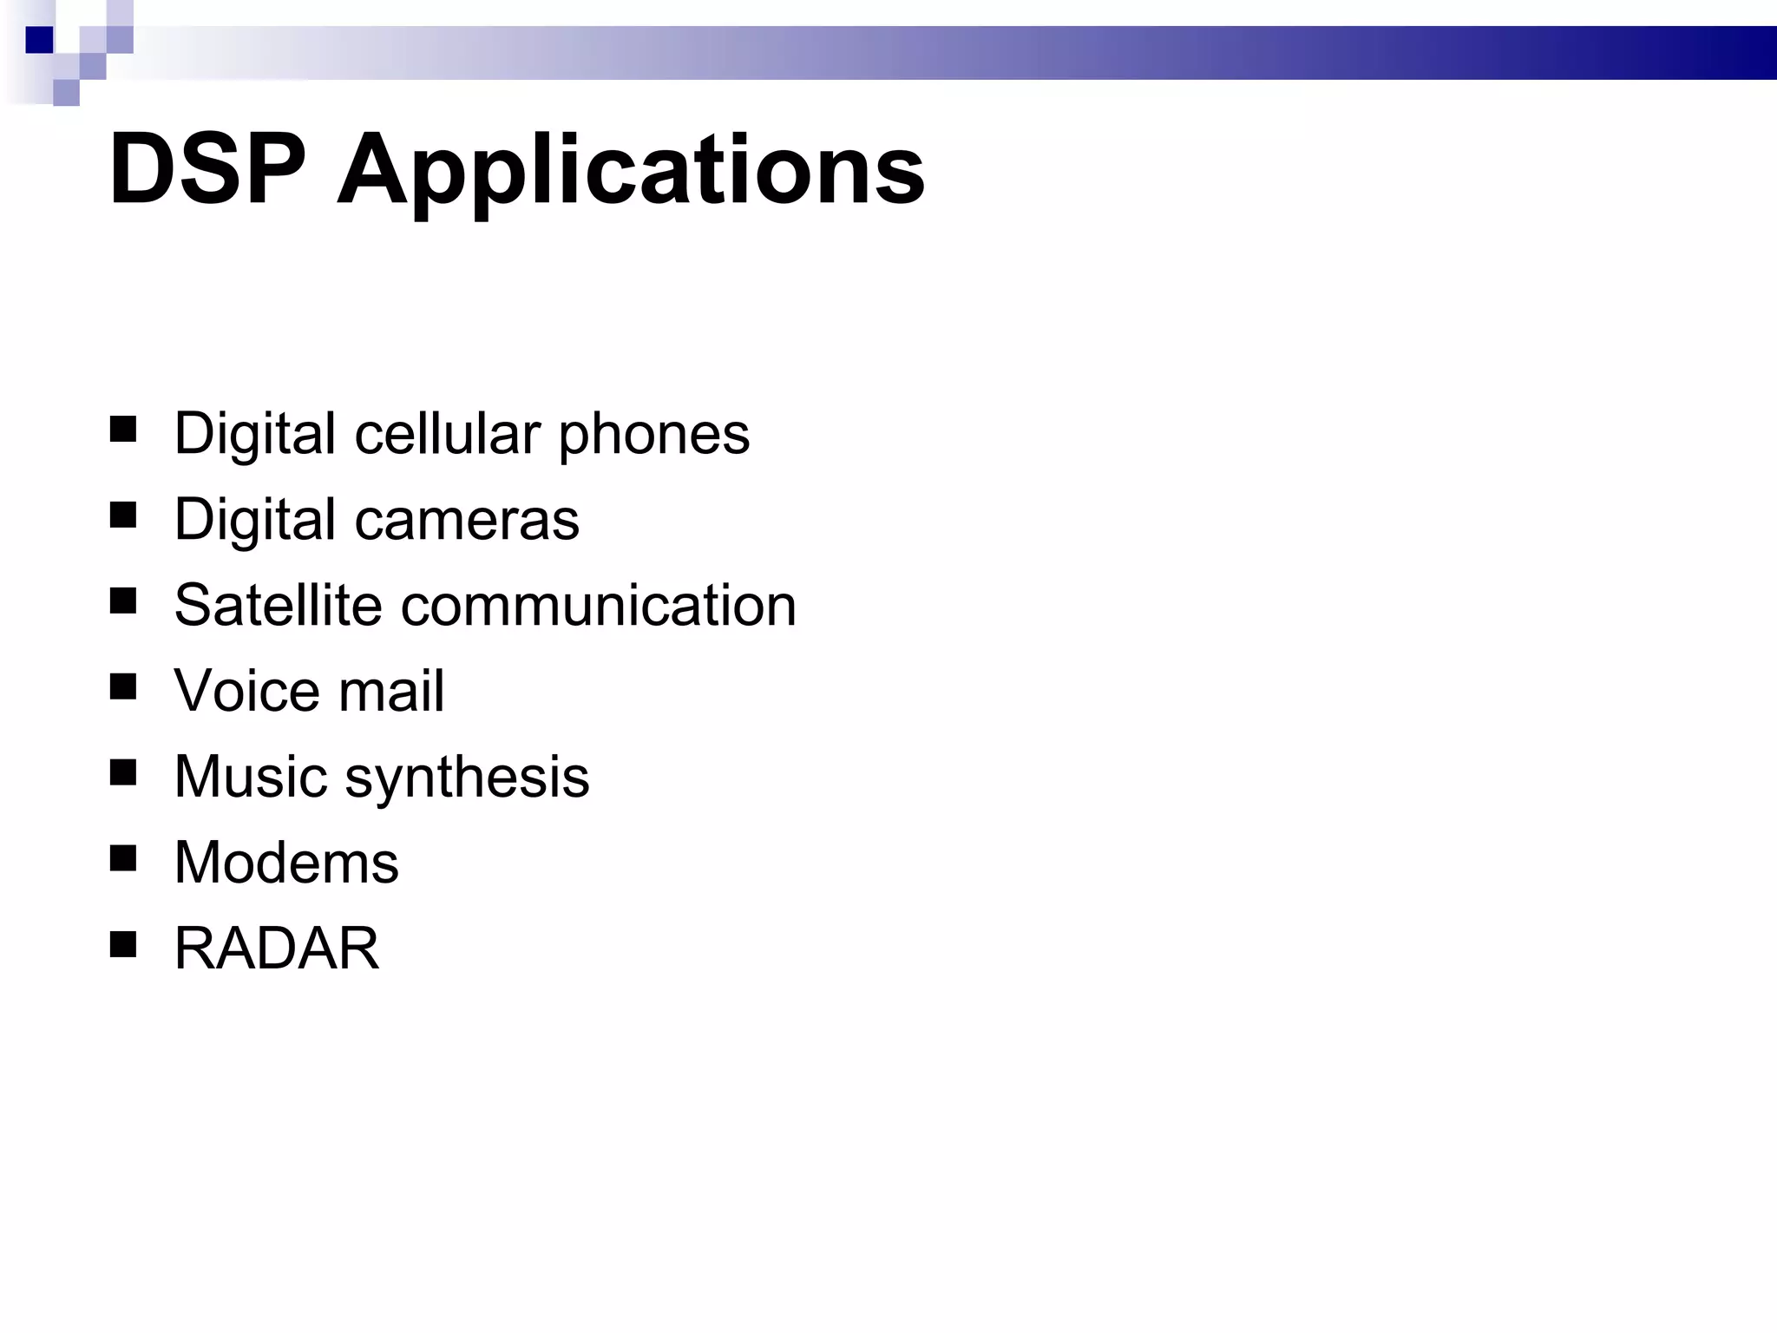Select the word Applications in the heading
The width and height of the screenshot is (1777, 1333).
point(631,171)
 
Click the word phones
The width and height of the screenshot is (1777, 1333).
point(653,435)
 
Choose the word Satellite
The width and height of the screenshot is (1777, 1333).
point(278,605)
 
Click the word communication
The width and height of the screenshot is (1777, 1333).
point(598,605)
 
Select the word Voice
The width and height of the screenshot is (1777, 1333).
point(246,691)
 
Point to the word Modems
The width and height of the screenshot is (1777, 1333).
point(286,863)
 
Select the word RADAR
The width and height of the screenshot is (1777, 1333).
point(277,948)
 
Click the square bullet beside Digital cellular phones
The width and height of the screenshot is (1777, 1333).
point(123,430)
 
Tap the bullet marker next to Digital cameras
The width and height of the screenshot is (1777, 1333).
point(123,515)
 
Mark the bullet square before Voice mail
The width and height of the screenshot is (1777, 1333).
point(123,687)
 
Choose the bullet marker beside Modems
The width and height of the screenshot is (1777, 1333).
point(123,858)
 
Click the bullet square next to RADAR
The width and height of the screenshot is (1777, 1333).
point(123,944)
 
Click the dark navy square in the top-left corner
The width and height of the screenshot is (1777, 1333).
point(39,40)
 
